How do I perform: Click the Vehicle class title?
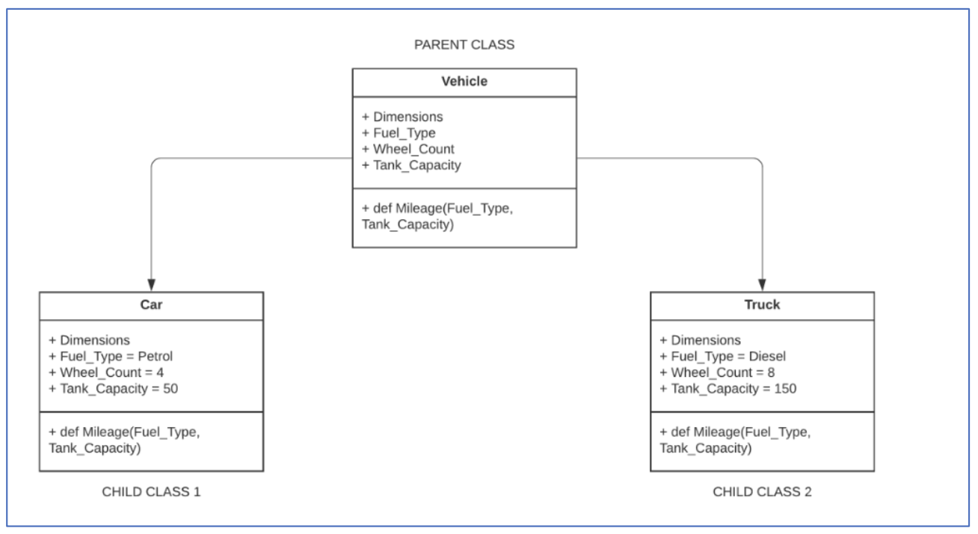coord(464,82)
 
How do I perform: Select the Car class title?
coord(151,304)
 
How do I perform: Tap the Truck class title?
coord(762,304)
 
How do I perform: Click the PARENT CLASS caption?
coord(464,45)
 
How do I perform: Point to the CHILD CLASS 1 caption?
coord(151,491)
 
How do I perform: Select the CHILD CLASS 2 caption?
coord(762,491)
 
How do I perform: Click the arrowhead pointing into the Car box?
coord(151,285)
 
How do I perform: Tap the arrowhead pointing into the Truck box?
coord(762,285)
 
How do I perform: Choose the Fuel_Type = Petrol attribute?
coord(111,356)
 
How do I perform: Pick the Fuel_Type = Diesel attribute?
coord(722,356)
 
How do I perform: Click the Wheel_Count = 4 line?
coord(106,372)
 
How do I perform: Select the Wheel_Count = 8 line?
coord(718,372)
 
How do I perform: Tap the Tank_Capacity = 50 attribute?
coord(113,388)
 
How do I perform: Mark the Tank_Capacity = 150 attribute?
coord(728,388)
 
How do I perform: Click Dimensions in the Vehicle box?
coord(402,117)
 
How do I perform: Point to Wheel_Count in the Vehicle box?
coord(407,149)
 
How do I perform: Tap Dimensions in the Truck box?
coord(700,340)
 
